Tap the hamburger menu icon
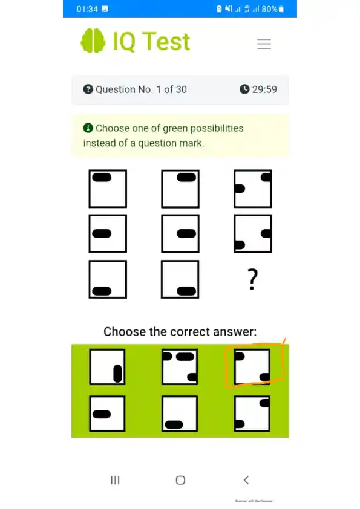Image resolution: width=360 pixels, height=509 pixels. click(264, 44)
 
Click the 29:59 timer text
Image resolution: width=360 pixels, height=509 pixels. click(264, 89)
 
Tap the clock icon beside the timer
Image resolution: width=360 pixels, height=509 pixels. click(244, 89)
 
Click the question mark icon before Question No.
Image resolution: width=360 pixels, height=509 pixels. click(88, 89)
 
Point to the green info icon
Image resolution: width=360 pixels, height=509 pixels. click(88, 128)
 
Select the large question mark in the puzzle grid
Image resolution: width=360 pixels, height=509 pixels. click(253, 280)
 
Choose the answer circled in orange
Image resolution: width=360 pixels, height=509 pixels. click(252, 367)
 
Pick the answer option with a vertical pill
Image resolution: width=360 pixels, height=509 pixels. click(108, 367)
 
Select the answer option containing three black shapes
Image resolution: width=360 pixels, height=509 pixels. click(180, 367)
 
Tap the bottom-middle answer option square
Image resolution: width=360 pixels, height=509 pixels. click(180, 414)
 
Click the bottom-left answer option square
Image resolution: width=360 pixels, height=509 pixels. click(108, 414)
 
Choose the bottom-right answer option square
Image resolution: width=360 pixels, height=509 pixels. click(252, 414)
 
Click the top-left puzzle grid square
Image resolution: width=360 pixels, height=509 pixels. click(108, 189)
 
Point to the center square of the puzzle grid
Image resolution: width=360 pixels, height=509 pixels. click(180, 233)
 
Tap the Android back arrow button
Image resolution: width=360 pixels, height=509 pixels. click(246, 480)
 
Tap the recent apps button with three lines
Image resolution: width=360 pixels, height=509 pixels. click(114, 480)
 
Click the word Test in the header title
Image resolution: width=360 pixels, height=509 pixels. click(159, 41)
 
